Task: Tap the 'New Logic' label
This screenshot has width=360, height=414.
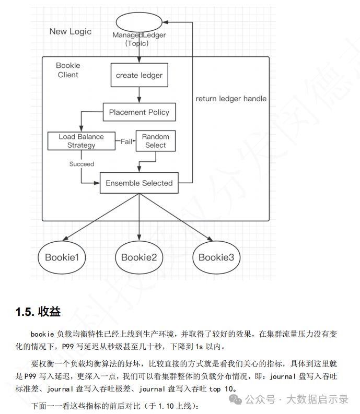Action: click(71, 31)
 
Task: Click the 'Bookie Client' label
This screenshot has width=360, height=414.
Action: click(68, 70)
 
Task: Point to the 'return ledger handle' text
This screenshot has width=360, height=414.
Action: click(231, 99)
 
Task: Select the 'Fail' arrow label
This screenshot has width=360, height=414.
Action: click(126, 141)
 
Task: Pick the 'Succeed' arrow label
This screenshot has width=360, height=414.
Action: click(82, 164)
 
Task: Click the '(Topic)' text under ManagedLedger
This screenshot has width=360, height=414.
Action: click(137, 43)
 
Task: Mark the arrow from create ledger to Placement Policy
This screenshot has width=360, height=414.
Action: click(140, 95)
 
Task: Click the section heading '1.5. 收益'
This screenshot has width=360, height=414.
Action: click(38, 312)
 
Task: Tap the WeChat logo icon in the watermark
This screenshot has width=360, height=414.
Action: click(235, 399)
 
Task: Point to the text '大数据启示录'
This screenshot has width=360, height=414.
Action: click(318, 399)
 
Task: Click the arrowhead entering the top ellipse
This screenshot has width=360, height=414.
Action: click(165, 22)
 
